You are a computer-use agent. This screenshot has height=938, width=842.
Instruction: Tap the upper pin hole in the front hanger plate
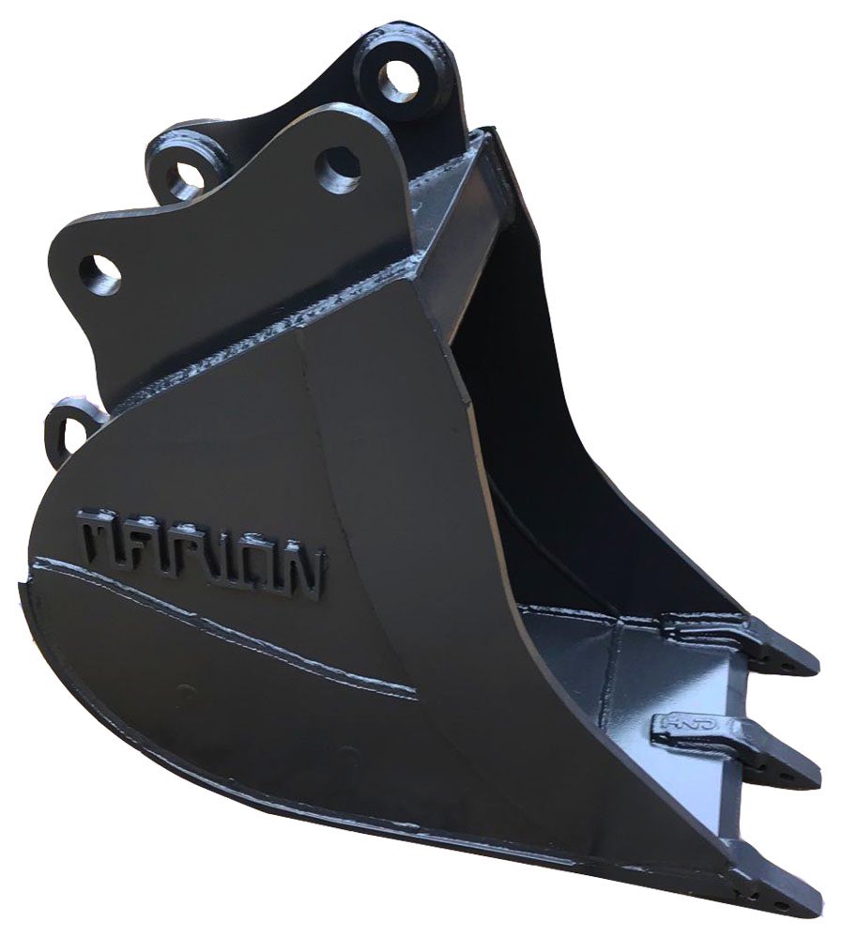(337, 169)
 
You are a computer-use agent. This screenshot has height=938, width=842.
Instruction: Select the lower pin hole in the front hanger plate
(100, 274)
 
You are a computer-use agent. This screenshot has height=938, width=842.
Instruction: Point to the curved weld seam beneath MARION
(225, 624)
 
